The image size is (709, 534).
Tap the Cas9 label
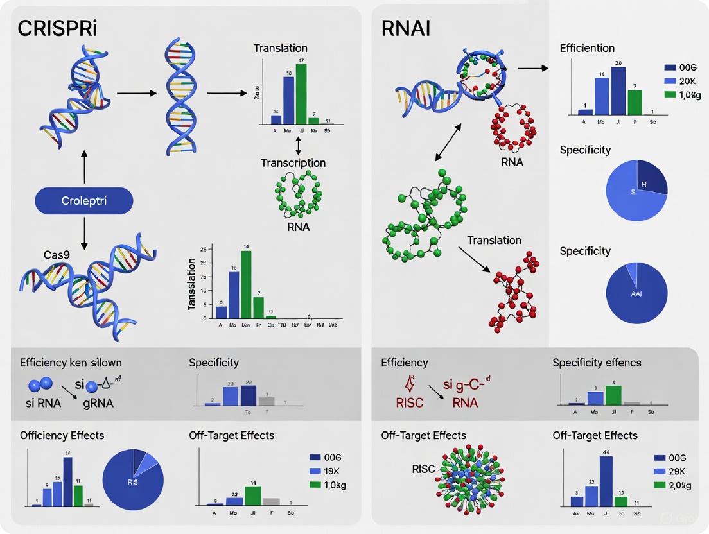(x=39, y=254)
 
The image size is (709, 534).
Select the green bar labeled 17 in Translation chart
(x=301, y=94)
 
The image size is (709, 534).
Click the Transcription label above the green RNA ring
(x=293, y=163)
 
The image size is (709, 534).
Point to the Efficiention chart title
(x=587, y=48)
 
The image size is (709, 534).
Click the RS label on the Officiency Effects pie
(x=132, y=481)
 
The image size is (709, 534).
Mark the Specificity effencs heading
(x=597, y=363)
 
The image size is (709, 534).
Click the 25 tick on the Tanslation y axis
(x=202, y=248)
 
